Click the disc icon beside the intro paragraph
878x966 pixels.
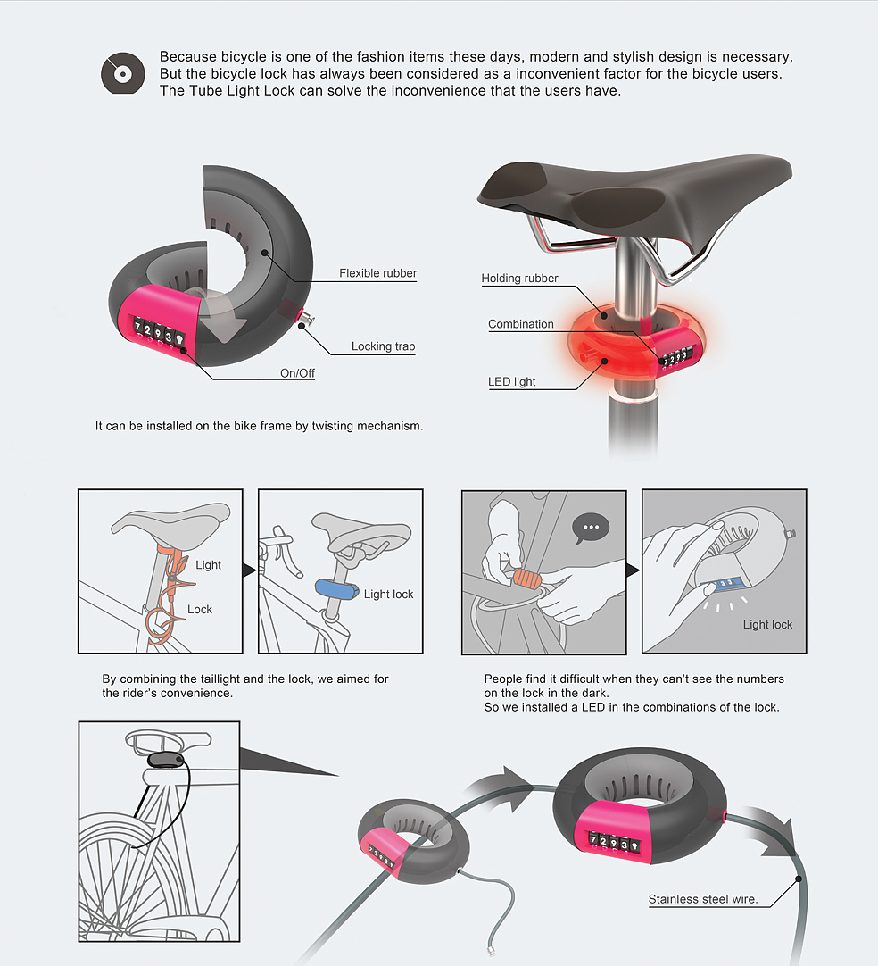[123, 73]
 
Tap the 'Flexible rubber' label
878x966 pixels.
[377, 273]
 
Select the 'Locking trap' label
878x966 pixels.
[383, 346]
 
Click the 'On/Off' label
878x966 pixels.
[297, 372]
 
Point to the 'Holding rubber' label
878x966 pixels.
[519, 278]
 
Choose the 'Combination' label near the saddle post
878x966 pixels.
[521, 324]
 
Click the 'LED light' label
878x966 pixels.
[511, 381]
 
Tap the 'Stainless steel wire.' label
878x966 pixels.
[703, 899]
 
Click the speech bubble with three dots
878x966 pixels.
[591, 529]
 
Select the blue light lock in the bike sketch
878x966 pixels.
[336, 589]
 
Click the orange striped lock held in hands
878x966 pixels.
[526, 579]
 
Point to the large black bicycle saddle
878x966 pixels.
[634, 197]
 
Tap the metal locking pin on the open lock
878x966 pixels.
[306, 319]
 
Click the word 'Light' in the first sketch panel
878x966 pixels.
[208, 565]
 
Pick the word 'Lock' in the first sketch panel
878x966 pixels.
[200, 609]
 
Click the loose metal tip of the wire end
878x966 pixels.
[491, 951]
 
